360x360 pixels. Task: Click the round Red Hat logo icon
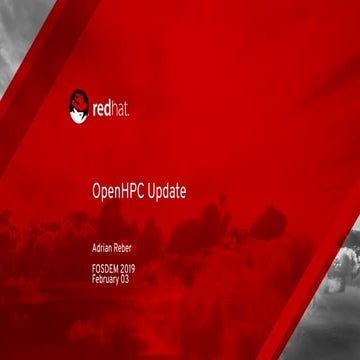(80, 105)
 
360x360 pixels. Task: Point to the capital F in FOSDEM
(81, 271)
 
